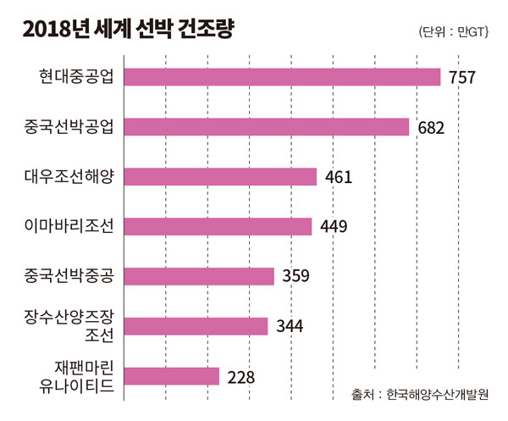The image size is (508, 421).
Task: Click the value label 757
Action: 462,78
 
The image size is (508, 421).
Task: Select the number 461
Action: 337,178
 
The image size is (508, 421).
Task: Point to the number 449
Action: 333,227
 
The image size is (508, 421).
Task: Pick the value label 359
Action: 295,277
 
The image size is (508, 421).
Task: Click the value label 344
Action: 290,327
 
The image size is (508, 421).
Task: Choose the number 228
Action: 240,377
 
